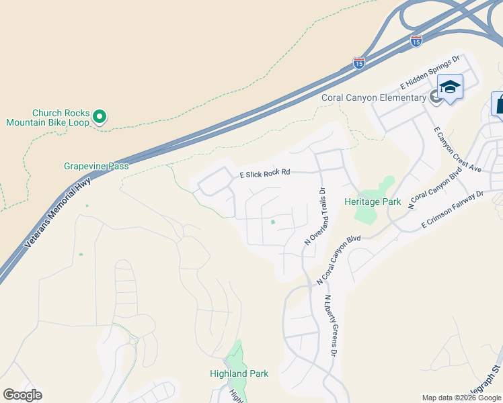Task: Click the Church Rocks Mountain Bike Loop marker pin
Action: point(100,117)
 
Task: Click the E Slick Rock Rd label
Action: point(265,173)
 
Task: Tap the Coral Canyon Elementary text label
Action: point(373,97)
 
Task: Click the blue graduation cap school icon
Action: point(450,87)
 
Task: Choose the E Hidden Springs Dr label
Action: point(430,73)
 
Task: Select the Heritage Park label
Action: point(373,201)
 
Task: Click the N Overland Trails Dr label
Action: point(313,215)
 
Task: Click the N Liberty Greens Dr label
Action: point(330,325)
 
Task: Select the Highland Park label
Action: point(239,373)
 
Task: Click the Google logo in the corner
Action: point(22,395)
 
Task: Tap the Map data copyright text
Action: point(461,398)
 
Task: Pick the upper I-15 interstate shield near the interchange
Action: point(416,42)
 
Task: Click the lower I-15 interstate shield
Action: point(359,64)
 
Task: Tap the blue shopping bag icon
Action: point(498,104)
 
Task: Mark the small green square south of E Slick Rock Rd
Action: point(273,222)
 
